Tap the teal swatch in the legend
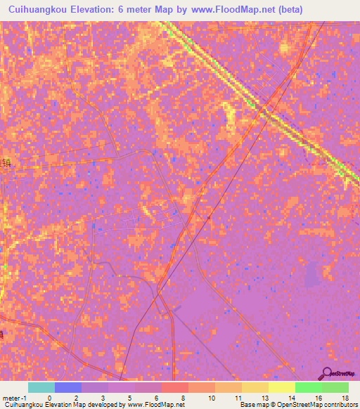tap(41, 387)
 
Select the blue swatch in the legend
tap(67, 387)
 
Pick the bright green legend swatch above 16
tap(308, 387)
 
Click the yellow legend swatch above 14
tap(281, 387)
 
